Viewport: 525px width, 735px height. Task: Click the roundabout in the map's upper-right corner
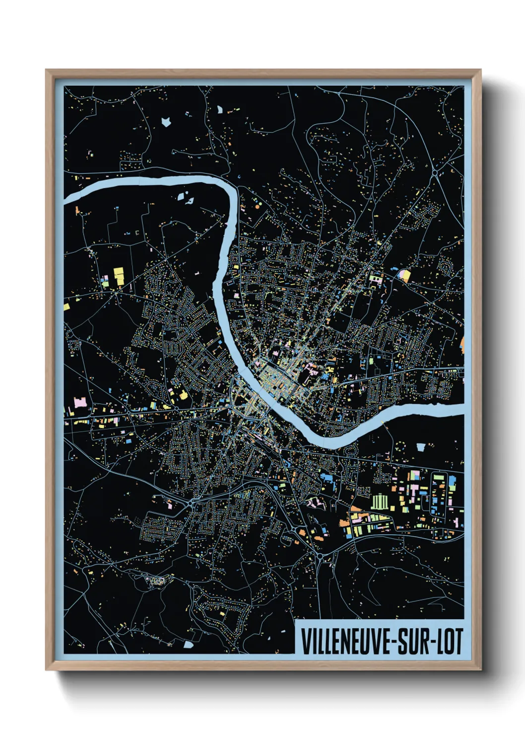click(x=435, y=172)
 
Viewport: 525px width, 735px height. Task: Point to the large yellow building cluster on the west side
click(x=119, y=276)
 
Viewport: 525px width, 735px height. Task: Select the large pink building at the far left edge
click(x=79, y=402)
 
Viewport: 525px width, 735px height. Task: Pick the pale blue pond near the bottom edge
click(x=188, y=645)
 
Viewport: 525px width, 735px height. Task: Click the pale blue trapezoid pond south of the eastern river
click(x=421, y=447)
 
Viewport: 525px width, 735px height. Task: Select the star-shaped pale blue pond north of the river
click(x=165, y=121)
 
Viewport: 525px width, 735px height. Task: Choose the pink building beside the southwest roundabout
click(x=169, y=505)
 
